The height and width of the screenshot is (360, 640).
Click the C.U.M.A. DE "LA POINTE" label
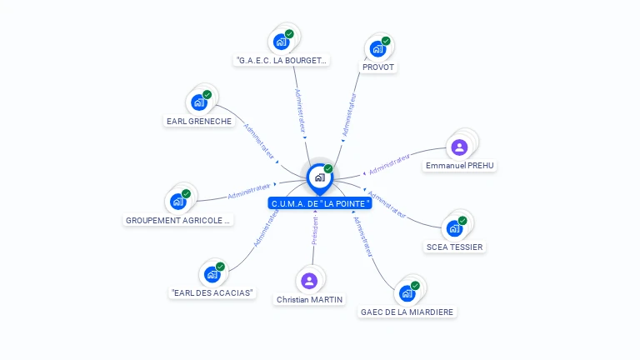320,203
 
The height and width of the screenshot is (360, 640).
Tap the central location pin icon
320,177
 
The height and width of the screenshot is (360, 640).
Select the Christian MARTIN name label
309,299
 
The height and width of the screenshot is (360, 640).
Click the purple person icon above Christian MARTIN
309,280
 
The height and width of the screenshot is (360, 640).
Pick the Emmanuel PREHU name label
460,166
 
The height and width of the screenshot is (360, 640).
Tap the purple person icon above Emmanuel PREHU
459,147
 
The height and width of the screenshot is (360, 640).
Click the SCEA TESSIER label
454,247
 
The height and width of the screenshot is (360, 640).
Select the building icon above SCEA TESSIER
455,227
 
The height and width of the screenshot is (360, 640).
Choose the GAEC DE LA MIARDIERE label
407,312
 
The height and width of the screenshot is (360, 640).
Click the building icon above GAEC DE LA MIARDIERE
407,292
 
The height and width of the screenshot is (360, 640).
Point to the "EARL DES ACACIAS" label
212,293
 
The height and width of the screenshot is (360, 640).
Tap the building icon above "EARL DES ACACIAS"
212,273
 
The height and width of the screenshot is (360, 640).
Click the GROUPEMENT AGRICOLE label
178,221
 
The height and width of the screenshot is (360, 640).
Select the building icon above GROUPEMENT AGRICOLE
178,201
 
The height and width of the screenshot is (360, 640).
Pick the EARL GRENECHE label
199,121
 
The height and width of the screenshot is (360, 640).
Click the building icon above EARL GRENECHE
199,102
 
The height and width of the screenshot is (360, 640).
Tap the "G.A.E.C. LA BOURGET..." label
282,60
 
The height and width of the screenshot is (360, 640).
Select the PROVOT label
378,67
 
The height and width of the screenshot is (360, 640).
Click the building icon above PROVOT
378,47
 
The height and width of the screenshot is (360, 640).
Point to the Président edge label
315,232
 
